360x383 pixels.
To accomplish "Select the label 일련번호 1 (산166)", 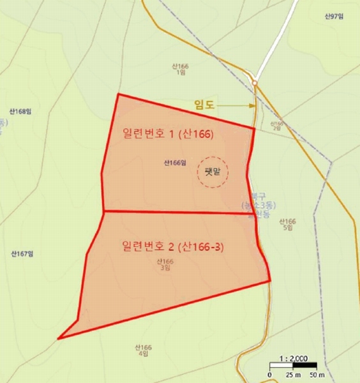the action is (x=167, y=135).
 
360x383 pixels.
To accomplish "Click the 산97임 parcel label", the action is (x=334, y=17).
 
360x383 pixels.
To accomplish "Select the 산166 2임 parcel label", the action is (x=276, y=126).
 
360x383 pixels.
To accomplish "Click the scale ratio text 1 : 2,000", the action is (x=294, y=359).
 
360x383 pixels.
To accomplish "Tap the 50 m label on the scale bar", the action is (x=317, y=374).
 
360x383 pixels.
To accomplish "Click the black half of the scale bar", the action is (x=305, y=366).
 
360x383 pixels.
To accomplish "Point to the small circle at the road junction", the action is (x=254, y=82).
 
